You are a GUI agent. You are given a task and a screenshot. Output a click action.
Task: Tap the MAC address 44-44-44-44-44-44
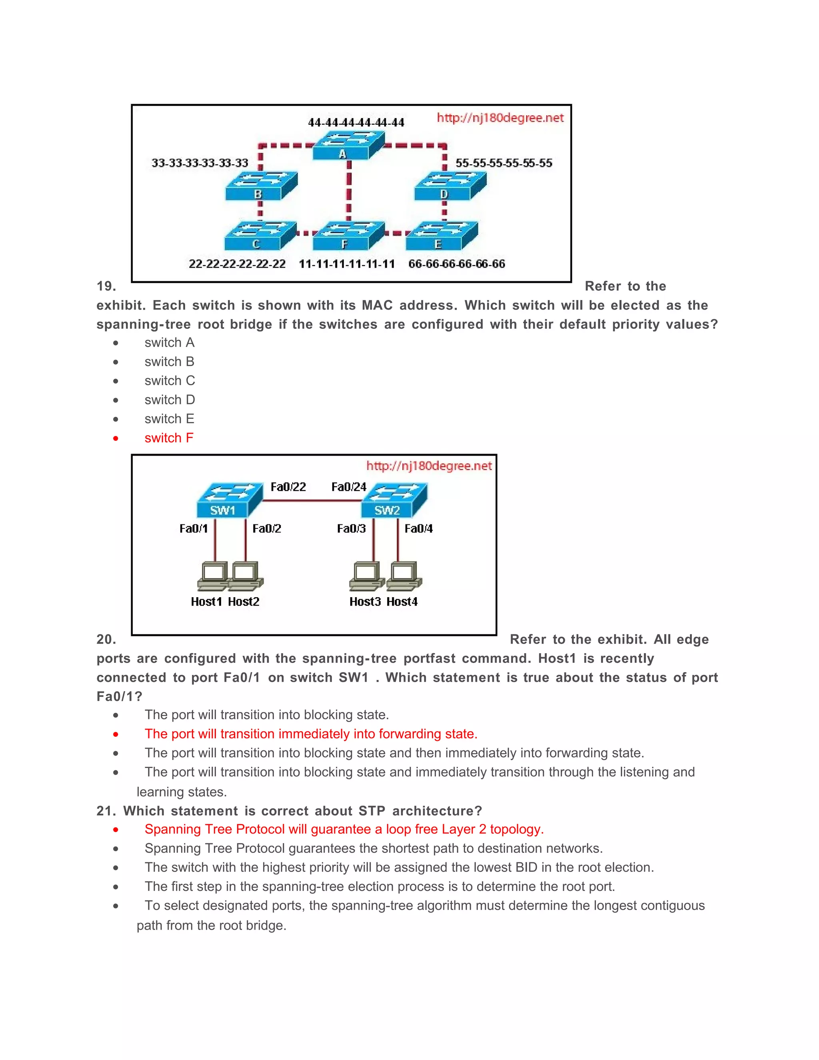click(356, 122)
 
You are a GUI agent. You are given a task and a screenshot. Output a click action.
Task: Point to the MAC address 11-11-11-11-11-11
click(346, 264)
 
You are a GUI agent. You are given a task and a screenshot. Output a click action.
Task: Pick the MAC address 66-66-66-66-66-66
click(457, 264)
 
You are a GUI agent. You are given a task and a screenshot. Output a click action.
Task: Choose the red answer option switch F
click(169, 438)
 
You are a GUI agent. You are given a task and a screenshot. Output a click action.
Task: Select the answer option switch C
click(169, 380)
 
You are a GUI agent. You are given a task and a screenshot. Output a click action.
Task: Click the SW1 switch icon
click(229, 501)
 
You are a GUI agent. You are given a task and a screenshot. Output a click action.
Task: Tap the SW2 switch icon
click(394, 501)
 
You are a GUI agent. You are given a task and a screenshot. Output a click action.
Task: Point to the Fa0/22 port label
click(288, 487)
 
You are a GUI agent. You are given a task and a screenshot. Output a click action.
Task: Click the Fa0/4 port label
click(418, 528)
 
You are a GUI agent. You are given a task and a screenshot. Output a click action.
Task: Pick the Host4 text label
click(402, 602)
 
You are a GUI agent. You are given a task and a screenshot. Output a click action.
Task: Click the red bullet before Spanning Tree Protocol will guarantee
click(116, 830)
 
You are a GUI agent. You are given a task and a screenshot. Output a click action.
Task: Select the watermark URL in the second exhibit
click(429, 466)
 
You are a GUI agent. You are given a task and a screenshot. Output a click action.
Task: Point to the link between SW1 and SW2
click(312, 500)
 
